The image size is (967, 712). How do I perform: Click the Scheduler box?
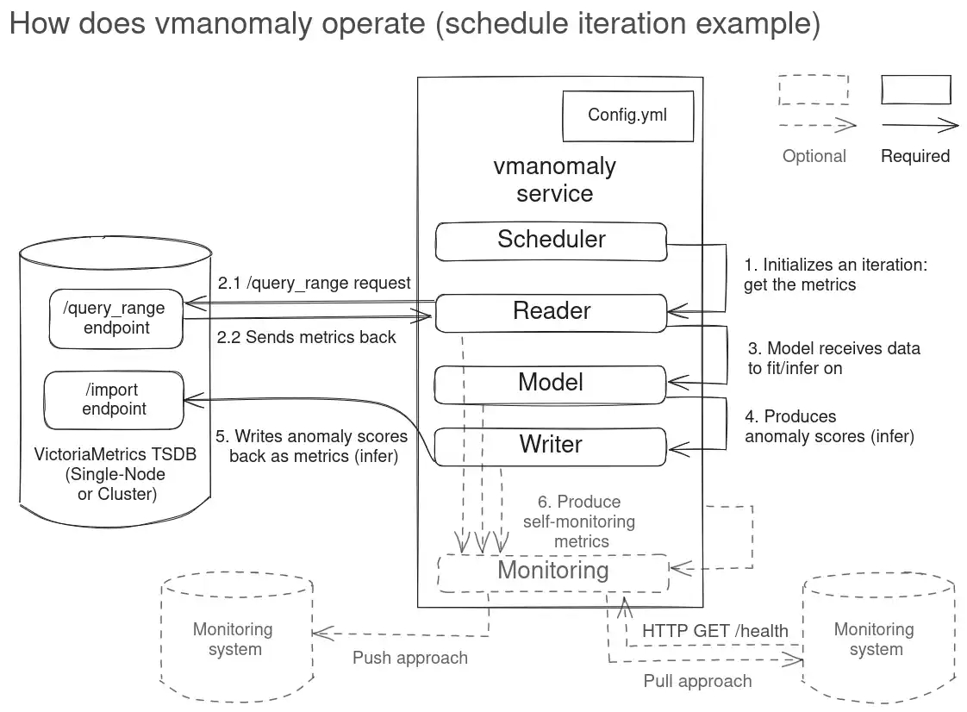point(551,240)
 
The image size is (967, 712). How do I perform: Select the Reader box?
point(551,312)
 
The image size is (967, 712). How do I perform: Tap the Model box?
point(551,384)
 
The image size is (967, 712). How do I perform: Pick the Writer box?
point(551,446)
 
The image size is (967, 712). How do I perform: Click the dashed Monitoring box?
point(552,571)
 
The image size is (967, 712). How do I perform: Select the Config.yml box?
point(627,116)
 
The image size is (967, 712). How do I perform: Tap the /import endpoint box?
point(114,400)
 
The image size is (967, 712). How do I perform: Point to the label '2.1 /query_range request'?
point(314,283)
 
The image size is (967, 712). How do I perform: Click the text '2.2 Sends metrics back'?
point(306,337)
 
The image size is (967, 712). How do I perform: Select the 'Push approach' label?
point(409,658)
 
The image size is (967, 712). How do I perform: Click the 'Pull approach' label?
point(697,681)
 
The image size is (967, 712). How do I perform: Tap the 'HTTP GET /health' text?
point(714,631)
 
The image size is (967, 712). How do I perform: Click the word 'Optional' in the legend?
point(814,156)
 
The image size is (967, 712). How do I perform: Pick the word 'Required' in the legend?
point(914,156)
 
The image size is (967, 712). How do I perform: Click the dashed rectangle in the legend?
point(813,90)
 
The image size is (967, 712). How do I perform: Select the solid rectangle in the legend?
point(915,90)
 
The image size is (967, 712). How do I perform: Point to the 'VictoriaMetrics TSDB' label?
point(115,454)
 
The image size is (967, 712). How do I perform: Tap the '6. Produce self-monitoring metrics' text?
point(578,522)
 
